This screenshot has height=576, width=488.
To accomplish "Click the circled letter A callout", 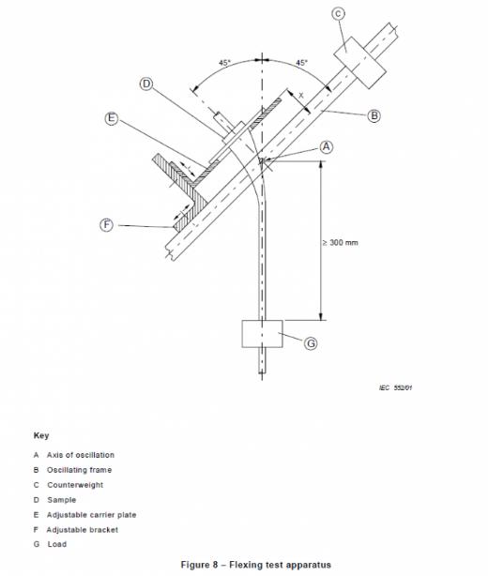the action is [327, 147].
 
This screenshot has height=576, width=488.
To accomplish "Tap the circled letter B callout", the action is [374, 115].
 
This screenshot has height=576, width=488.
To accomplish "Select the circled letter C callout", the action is [338, 14].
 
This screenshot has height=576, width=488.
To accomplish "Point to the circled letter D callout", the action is [146, 84].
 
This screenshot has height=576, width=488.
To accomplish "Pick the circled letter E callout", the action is [112, 118].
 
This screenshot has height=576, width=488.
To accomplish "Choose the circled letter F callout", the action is [107, 225].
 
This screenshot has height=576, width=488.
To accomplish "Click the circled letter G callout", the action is [311, 343].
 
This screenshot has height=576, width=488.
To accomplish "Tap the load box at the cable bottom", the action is [263, 334].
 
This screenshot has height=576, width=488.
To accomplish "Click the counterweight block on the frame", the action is [359, 63].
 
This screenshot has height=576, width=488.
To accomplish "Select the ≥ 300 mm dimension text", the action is [341, 242].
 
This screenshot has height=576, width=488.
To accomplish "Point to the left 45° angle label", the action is [225, 63].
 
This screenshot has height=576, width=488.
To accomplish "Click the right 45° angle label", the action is [301, 63].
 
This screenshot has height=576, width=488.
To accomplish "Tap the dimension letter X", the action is [301, 96].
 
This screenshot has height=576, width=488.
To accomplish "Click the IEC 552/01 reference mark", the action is [395, 387].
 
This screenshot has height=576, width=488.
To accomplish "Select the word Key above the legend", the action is [41, 435].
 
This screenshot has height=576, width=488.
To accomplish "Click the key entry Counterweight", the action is [75, 485].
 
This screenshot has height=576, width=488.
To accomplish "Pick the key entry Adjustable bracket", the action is [83, 530].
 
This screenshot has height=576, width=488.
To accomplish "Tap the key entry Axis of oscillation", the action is [81, 455].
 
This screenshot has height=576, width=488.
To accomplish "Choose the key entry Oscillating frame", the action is [80, 470].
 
